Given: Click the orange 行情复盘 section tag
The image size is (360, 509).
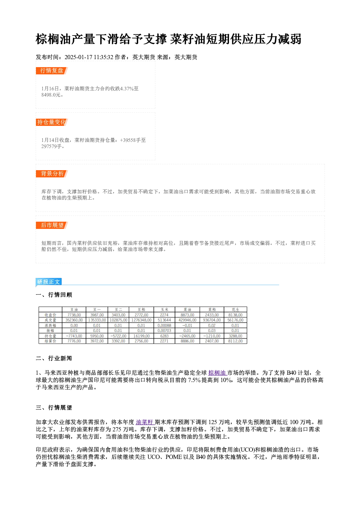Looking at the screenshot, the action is click(52, 71).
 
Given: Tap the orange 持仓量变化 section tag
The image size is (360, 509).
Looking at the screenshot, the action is click(52, 122).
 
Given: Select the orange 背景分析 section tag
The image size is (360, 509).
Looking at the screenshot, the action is click(52, 174).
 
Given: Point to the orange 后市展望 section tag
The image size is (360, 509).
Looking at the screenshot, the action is click(52, 225).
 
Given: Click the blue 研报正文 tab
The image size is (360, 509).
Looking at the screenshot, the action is click(49, 282).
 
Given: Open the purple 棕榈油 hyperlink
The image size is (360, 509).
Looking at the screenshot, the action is click(217, 373).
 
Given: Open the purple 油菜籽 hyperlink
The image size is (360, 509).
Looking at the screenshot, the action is click(145, 422).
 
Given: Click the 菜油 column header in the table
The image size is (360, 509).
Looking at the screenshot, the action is click(188, 309).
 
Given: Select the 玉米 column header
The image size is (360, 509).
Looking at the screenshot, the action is click(164, 309).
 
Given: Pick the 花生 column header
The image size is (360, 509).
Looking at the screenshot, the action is click(235, 309).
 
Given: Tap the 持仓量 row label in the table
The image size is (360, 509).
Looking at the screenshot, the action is click(50, 336).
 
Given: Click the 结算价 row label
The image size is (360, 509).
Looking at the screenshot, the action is click(50, 341).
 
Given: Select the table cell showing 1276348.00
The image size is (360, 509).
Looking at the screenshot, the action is click(142, 320).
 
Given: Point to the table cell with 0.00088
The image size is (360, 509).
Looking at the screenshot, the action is click(164, 325).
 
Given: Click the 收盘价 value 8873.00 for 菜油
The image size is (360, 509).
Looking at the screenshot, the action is click(188, 315).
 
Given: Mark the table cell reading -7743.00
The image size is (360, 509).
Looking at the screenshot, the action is click(74, 336).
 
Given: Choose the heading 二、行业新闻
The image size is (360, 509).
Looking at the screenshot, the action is click(54, 358).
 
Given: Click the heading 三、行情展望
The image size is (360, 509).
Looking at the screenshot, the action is click(54, 408).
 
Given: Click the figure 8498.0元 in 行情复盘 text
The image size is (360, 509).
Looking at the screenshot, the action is click(52, 95).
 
